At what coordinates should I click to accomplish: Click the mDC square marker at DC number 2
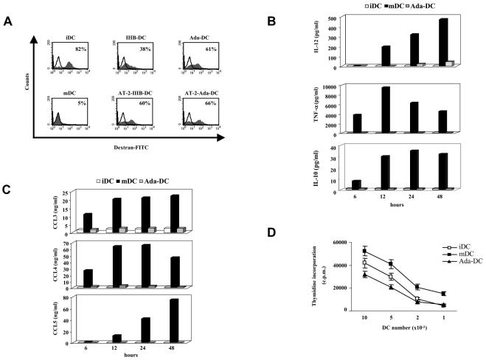[417, 287]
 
